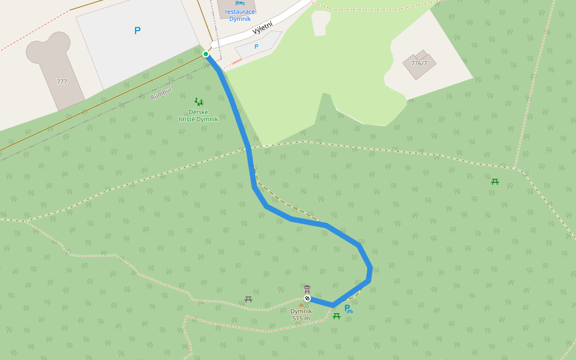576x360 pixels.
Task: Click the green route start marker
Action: tap(206, 54)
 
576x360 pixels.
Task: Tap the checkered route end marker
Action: tap(307, 298)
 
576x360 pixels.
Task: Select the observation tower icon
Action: tap(307, 289)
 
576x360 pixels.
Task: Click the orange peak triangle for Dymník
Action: tap(301, 305)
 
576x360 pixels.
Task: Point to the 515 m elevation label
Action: tap(301, 318)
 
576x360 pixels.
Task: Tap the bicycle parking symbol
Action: tap(348, 309)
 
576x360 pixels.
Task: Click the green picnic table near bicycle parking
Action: tap(337, 316)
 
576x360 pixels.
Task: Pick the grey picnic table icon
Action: tap(248, 299)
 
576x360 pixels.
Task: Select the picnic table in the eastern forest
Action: tap(495, 181)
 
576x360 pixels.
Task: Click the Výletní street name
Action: tap(262, 28)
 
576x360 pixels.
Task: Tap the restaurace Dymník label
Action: tap(240, 15)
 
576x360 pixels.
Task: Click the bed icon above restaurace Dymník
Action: tap(240, 3)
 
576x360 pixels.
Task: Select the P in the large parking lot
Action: tap(137, 31)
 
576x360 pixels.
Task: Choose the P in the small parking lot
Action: tap(256, 46)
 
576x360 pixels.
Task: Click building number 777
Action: tap(62, 82)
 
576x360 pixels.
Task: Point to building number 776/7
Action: tap(419, 64)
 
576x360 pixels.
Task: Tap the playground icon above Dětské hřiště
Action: tap(199, 102)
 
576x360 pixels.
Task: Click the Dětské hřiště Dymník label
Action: tap(199, 115)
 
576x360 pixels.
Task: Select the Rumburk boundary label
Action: tap(161, 93)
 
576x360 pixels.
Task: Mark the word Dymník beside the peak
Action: tap(301, 311)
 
